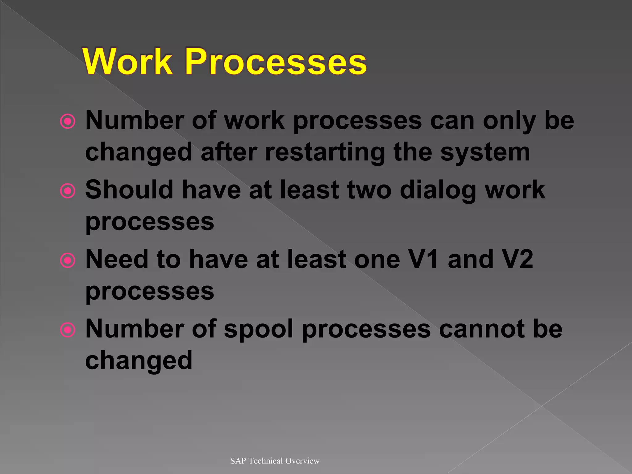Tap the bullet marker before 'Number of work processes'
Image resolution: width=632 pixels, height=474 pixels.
68,121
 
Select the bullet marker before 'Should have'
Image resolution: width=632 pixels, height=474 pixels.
68,191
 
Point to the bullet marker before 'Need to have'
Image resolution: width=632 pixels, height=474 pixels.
68,260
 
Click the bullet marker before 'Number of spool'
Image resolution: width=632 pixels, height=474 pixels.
68,330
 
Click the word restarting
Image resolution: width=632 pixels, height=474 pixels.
325,152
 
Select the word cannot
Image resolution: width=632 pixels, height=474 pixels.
480,329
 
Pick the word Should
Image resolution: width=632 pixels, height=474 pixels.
129,189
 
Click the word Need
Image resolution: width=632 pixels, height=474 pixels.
117,259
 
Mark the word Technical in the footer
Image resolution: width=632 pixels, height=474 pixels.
266,461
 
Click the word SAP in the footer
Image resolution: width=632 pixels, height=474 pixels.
238,461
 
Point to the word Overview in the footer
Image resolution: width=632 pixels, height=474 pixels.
302,461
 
